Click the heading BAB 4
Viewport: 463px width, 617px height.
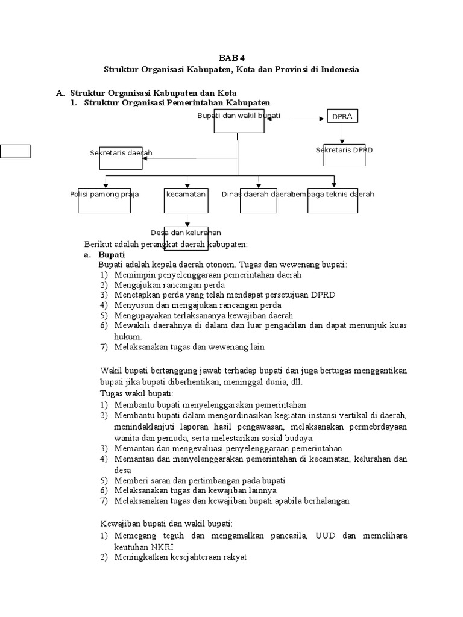click(x=231, y=58)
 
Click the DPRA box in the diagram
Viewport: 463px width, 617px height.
click(x=342, y=116)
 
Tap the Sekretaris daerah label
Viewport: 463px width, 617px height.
click(x=121, y=153)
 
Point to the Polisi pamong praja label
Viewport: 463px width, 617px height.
click(x=104, y=195)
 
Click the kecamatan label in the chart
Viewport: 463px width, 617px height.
click(x=186, y=195)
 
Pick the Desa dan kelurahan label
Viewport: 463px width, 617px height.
click(x=186, y=233)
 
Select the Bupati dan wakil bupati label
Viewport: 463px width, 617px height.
click(x=239, y=116)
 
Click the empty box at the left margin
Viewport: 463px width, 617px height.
click(x=15, y=151)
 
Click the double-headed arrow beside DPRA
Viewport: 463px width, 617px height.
click(x=295, y=119)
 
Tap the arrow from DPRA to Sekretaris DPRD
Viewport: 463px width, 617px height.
click(x=342, y=134)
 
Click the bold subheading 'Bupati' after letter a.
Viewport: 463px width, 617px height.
click(x=112, y=254)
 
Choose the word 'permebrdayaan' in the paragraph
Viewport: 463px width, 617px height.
click(x=379, y=427)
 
